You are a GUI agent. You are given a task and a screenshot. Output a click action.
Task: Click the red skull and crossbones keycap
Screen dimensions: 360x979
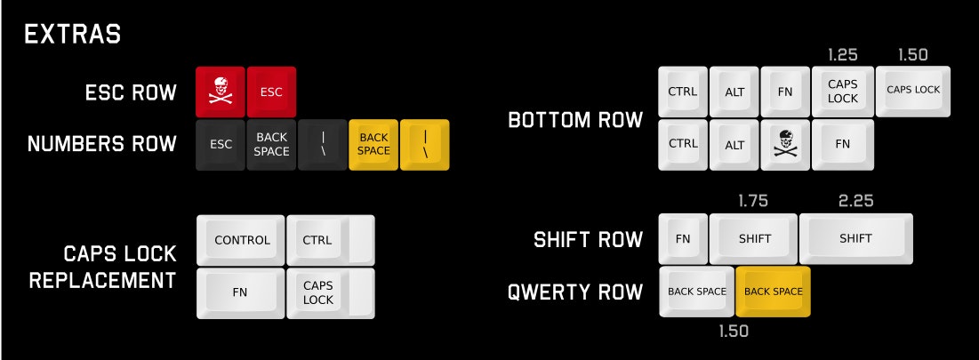pos(221,92)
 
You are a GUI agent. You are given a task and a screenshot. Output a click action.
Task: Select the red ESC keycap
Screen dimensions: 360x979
pos(271,92)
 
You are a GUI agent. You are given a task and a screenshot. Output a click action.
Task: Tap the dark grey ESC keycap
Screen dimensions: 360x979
pos(221,144)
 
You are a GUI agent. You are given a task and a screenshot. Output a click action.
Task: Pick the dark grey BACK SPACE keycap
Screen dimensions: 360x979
pos(271,144)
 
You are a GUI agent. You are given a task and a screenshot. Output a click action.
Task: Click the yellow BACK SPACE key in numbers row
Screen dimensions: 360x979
pos(373,144)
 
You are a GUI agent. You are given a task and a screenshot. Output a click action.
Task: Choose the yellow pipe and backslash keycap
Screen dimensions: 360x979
pos(424,144)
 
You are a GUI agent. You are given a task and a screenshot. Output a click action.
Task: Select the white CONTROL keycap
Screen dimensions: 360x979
pos(241,240)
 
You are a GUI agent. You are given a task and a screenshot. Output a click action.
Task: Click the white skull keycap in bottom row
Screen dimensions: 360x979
pos(785,143)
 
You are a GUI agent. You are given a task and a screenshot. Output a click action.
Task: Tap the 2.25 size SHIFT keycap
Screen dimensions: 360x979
pos(855,238)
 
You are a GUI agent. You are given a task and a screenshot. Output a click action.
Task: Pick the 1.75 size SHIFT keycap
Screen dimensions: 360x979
pos(753,238)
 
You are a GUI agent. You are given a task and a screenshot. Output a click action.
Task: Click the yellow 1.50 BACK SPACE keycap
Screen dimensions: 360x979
pos(773,292)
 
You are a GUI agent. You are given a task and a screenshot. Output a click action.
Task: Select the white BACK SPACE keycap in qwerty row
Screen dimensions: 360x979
pos(697,292)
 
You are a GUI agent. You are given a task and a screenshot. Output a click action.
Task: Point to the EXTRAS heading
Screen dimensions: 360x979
pos(73,35)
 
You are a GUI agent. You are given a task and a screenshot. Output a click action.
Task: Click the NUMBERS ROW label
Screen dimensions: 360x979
pos(102,144)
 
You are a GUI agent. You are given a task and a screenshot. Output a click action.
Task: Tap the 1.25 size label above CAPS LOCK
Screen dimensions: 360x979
pos(842,54)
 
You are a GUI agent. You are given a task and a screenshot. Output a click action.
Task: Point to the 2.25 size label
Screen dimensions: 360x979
pos(855,200)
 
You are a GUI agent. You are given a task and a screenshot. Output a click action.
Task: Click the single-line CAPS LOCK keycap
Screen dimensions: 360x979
pos(913,90)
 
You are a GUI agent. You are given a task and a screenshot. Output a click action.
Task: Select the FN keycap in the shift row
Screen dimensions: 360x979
pos(683,238)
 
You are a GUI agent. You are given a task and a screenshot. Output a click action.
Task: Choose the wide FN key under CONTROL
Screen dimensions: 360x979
pos(241,292)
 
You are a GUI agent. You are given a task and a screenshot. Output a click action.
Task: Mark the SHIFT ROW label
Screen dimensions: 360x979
pos(588,239)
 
